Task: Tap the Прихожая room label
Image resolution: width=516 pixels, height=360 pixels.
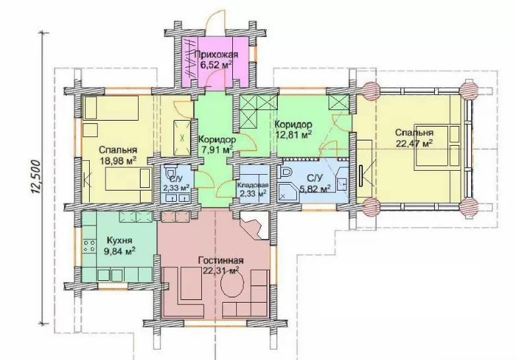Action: tap(216, 54)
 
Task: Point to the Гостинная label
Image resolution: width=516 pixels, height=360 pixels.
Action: tap(221, 260)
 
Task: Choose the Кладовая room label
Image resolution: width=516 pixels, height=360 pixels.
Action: tap(253, 185)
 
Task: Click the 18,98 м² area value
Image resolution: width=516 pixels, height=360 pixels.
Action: tap(118, 160)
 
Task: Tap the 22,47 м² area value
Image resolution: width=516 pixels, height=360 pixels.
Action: tap(414, 143)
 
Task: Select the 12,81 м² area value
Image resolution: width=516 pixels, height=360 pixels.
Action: tap(293, 135)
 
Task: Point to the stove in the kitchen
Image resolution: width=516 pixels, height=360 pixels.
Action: tap(90, 246)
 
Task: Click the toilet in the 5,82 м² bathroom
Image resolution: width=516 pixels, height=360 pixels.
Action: tap(285, 172)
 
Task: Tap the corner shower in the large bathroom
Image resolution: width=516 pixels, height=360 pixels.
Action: tap(288, 193)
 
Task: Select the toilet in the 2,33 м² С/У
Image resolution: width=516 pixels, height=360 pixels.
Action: tap(170, 173)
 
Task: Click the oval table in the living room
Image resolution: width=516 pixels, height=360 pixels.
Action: tap(233, 285)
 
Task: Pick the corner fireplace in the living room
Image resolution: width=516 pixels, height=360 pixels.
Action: tap(255, 225)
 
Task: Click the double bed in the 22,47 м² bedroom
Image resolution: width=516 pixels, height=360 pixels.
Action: tap(437, 145)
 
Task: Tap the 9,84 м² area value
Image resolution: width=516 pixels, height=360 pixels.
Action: tap(119, 251)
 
